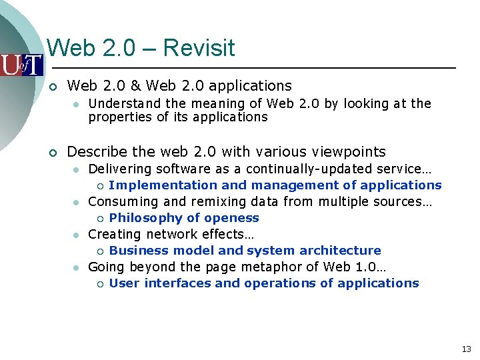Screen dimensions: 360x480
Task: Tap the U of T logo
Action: [x=21, y=65]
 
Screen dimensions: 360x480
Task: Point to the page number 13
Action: [x=466, y=349]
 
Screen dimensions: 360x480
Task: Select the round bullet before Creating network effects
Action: [x=77, y=235]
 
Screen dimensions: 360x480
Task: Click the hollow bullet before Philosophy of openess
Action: [x=99, y=219]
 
